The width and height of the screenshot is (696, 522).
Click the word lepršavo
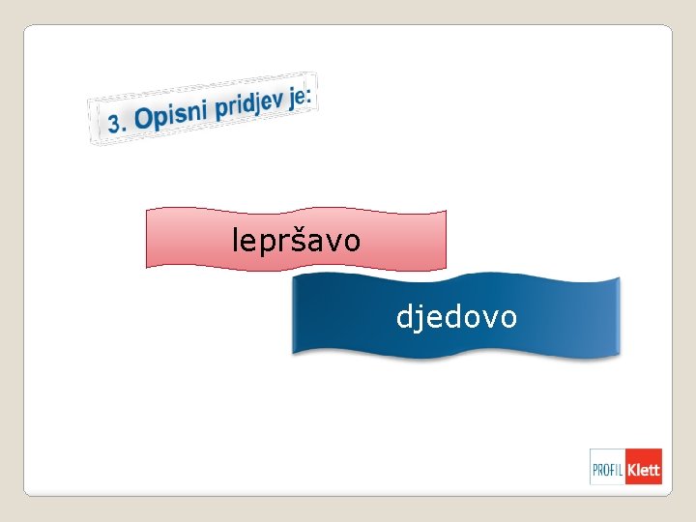click(296, 240)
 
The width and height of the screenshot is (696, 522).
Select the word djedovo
click(456, 316)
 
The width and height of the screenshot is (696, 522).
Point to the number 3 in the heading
click(116, 123)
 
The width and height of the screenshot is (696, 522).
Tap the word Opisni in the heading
click(171, 114)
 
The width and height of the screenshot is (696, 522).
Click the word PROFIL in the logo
click(607, 471)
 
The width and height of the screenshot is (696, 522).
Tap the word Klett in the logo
click(643, 471)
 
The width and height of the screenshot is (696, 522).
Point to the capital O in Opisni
click(144, 118)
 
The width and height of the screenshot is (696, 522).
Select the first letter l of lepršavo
click(235, 238)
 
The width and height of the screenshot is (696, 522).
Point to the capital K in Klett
click(632, 471)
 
